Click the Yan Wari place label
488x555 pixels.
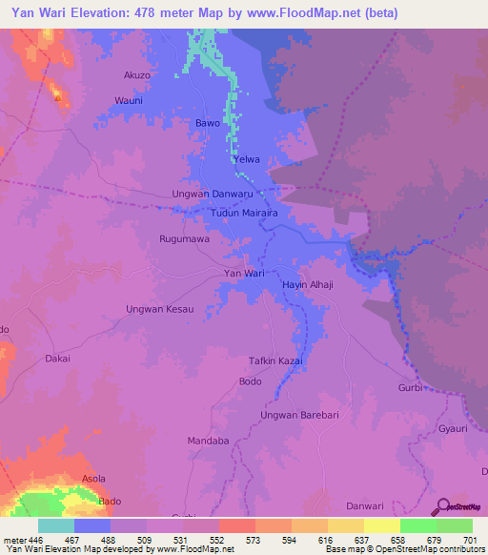pos(243,274)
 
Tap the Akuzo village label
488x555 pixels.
pos(137,74)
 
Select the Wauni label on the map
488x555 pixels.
pos(129,100)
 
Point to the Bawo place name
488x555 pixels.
pos(208,124)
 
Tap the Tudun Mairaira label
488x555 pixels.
pos(243,215)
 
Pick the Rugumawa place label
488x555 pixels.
pos(184,239)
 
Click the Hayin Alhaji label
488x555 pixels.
pos(307,285)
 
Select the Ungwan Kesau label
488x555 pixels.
pos(159,309)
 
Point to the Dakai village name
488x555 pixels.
pos(58,360)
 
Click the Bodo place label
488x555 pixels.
pos(250,381)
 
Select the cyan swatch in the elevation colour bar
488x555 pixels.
pos(56,525)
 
